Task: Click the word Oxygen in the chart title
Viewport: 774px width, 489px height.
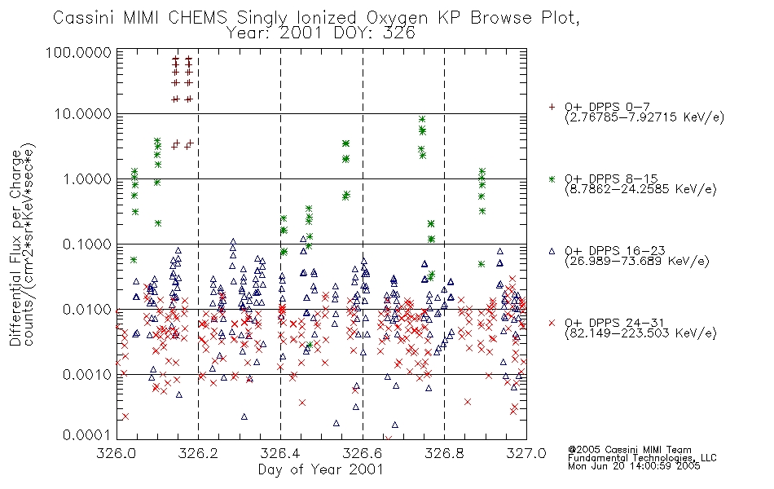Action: (397, 19)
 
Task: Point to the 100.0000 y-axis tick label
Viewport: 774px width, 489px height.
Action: (78, 52)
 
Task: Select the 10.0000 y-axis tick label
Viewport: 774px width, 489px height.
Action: (83, 114)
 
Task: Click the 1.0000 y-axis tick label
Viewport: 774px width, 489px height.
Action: (87, 178)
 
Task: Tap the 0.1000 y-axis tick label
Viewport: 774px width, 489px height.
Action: (87, 244)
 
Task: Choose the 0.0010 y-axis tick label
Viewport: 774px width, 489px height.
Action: (87, 374)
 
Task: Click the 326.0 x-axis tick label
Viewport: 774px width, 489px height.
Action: (117, 453)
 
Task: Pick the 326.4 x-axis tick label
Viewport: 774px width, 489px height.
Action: (281, 453)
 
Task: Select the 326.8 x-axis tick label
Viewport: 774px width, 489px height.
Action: (444, 453)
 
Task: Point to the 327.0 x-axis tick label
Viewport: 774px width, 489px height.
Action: (526, 453)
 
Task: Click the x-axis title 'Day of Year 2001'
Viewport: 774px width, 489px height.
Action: (320, 469)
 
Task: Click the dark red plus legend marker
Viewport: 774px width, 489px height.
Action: (552, 107)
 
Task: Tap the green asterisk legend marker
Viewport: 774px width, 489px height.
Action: (552, 178)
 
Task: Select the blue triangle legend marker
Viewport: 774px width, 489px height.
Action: (552, 251)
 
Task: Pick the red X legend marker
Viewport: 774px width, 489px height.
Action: (552, 323)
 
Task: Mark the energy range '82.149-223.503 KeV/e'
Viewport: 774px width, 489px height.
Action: (640, 333)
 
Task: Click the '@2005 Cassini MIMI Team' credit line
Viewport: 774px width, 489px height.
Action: (629, 450)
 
